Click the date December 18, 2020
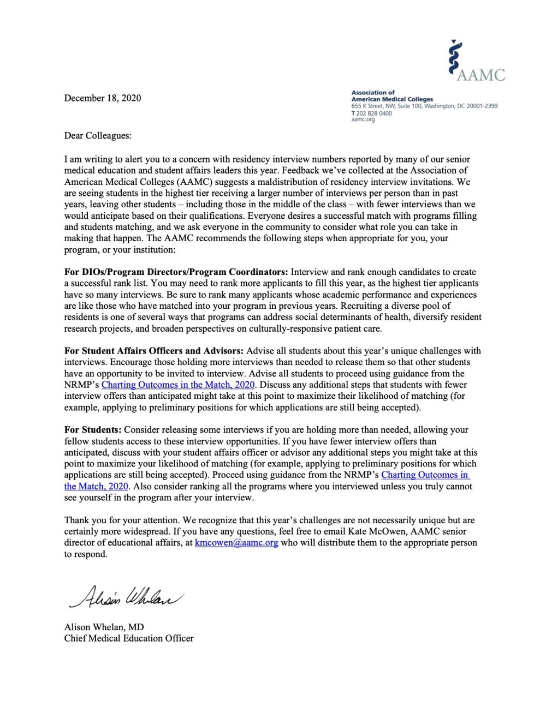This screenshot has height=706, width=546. pos(103,98)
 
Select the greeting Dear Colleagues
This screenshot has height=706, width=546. pos(98,136)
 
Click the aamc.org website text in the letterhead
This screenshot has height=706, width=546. pos(363,119)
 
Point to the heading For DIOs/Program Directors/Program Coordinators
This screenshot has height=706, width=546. pos(176,272)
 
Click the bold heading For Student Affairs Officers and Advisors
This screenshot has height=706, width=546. pos(155,351)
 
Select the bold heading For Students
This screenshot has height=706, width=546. pos(93,430)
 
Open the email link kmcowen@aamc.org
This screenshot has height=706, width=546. pos(236,543)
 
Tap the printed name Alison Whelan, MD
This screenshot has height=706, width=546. pos(104,627)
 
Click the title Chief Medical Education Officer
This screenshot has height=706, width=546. pos(129,638)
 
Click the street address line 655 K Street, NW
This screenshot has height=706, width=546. pos(424,106)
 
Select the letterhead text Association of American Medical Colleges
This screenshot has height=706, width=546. pos(392,96)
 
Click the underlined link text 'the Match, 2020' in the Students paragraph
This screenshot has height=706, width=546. pos(96,486)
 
